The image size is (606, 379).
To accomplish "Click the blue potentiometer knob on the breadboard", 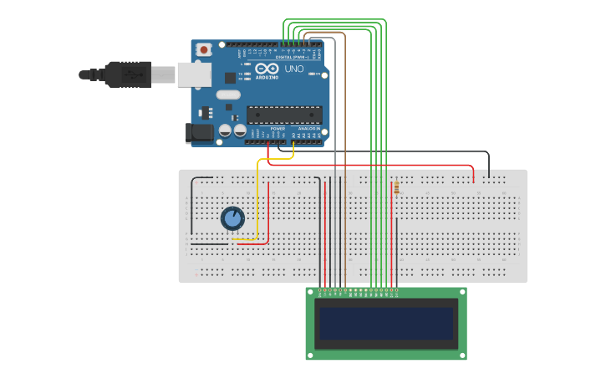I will tap(232, 218).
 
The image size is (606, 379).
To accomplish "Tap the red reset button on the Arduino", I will tap(204, 50).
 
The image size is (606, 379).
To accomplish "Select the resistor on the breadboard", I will tap(395, 187).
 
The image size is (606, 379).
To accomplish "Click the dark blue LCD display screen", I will tap(386, 323).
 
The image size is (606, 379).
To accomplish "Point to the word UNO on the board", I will tap(294, 69).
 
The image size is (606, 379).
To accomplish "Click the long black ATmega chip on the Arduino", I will tap(283, 115).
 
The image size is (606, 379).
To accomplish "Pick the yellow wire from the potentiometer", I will tap(258, 201).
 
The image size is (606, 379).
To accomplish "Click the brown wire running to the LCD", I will tap(344, 167).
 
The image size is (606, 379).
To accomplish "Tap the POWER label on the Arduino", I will tap(267, 128).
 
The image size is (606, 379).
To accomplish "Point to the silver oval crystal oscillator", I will tap(228, 95).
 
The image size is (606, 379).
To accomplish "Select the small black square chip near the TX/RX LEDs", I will tap(230, 78).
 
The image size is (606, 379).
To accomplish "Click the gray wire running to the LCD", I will tap(335, 167).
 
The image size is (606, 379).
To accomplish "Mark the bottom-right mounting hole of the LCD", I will tap(461, 354).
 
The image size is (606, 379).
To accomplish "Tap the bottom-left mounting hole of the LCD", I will tap(311, 354).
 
